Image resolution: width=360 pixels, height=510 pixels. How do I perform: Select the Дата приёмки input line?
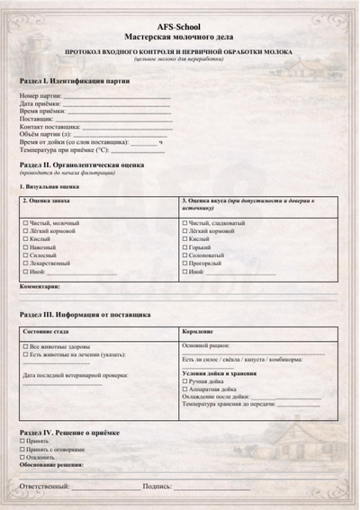pyautogui.click(x=113, y=103)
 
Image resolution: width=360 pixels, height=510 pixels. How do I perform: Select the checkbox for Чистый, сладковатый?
pyautogui.click(x=185, y=222)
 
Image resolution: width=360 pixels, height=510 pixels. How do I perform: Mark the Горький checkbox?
pyautogui.click(x=185, y=246)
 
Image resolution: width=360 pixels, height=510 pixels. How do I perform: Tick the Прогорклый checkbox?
pyautogui.click(x=185, y=263)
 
